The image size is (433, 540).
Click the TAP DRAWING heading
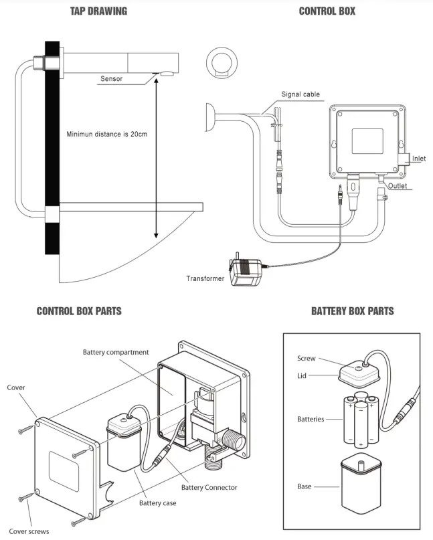pyautogui.click(x=98, y=11)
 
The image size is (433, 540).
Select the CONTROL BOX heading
pyautogui.click(x=327, y=11)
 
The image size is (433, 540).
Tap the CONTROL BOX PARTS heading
pyautogui.click(x=79, y=311)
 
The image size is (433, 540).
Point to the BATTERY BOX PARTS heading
pyautogui.click(x=352, y=311)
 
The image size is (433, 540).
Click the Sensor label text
pyautogui.click(x=112, y=79)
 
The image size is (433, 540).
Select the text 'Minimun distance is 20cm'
pyautogui.click(x=106, y=134)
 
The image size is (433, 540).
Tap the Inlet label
pyautogui.click(x=418, y=159)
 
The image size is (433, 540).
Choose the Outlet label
pyautogui.click(x=398, y=186)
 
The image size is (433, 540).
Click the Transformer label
pyautogui.click(x=205, y=278)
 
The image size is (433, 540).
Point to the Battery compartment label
pyautogui.click(x=116, y=352)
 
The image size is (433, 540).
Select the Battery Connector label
pyautogui.click(x=209, y=487)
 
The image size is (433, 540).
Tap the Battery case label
pyautogui.click(x=158, y=503)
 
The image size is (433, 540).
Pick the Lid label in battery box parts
pyautogui.click(x=302, y=375)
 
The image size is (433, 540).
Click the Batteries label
pyautogui.click(x=311, y=420)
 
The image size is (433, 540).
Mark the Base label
pyautogui.click(x=305, y=486)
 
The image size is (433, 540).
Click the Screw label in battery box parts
pyautogui.click(x=306, y=359)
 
